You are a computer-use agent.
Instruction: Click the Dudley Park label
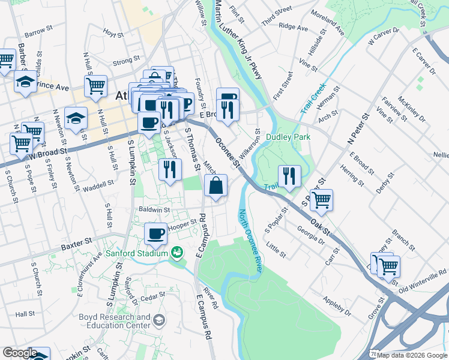tap(288, 137)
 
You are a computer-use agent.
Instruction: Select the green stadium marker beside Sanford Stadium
tap(177, 253)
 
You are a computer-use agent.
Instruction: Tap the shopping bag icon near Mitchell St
tap(217, 187)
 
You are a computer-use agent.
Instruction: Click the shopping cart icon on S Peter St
tap(322, 200)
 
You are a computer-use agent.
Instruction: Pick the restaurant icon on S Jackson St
tap(170, 169)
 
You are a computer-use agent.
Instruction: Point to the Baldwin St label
tap(155, 210)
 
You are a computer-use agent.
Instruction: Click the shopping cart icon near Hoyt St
tap(95, 86)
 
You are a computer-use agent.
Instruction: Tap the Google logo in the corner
tap(20, 353)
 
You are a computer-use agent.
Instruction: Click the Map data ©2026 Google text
tap(412, 355)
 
